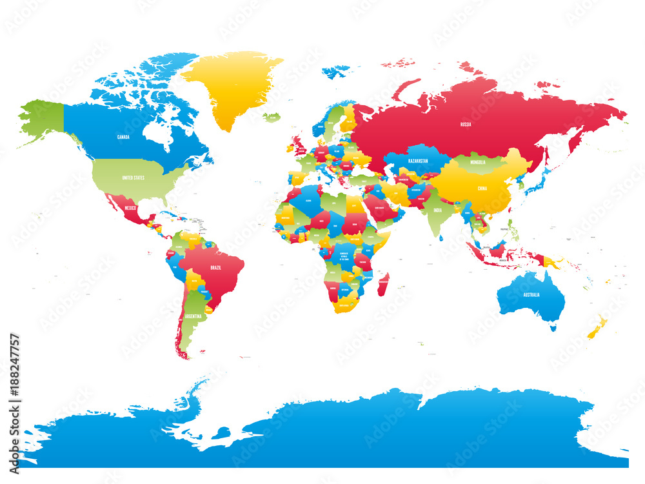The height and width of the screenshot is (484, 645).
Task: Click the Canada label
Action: click(123, 137)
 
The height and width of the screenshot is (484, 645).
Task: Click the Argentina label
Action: click(193, 317)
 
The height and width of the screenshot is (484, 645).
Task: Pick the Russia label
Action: click(465, 123)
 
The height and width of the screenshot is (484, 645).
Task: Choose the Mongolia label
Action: click(478, 162)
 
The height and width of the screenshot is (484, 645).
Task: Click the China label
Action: click(481, 189)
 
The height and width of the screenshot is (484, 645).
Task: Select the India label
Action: click(437, 210)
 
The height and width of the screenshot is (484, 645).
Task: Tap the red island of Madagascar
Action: click(383, 285)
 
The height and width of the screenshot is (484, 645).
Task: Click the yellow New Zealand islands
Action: click(597, 327)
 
